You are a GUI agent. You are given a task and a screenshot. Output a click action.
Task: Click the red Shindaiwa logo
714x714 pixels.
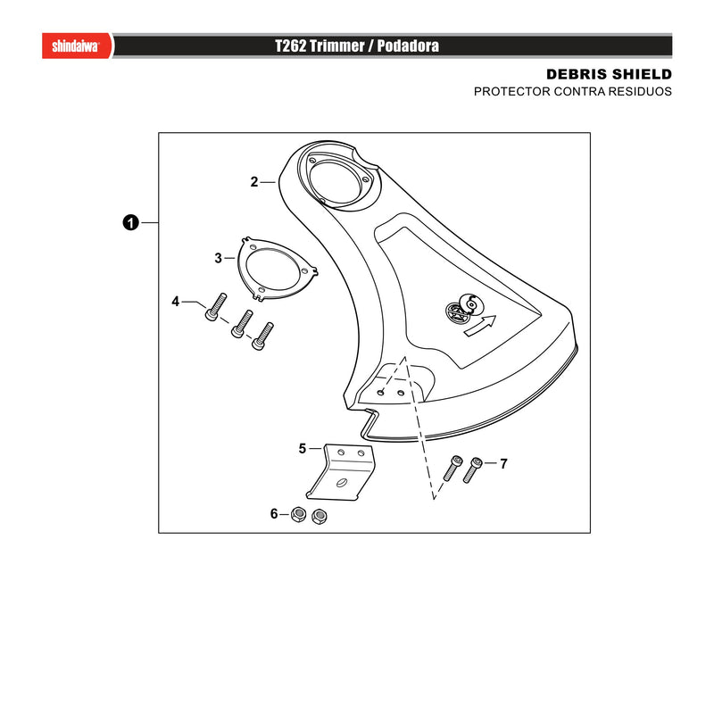[x=77, y=46]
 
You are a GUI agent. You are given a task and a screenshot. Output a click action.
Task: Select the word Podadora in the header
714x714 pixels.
[x=408, y=46]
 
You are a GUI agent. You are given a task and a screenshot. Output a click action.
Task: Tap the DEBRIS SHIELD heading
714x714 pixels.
[x=609, y=74]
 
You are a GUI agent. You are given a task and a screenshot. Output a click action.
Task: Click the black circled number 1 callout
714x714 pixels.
[x=130, y=222]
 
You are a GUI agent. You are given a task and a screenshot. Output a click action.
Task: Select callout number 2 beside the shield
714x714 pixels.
[x=254, y=182]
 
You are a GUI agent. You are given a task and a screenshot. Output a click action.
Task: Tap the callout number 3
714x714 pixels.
[x=218, y=258]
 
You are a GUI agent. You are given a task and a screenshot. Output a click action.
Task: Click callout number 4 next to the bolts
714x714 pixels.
[x=175, y=302]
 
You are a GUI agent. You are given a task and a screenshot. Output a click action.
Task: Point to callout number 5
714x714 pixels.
[x=303, y=449]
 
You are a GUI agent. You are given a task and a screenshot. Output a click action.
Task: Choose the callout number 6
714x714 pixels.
[x=274, y=514]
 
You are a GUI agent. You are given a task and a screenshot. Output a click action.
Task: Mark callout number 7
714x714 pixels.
[x=503, y=463]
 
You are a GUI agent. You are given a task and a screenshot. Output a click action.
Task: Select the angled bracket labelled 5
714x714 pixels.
[x=342, y=471]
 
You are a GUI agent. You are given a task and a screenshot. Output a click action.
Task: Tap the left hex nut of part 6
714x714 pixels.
[x=298, y=515]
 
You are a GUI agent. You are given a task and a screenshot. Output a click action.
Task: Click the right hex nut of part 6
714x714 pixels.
[x=320, y=517]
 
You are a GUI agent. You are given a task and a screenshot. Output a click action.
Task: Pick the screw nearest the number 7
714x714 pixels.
[x=473, y=470]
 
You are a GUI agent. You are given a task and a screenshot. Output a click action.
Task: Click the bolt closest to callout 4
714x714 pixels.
[x=215, y=306]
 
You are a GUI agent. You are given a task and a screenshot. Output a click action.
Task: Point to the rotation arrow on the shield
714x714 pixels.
[x=480, y=326]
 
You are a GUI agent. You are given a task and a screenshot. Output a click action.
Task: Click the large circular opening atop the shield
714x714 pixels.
[x=336, y=182]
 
